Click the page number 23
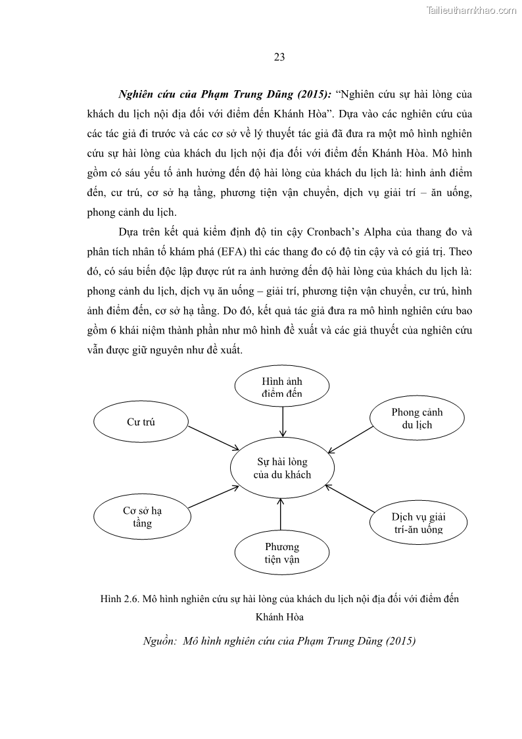(x=279, y=57)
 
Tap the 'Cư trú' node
(x=141, y=422)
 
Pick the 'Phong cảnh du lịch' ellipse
(x=417, y=419)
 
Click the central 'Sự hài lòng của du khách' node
(x=282, y=468)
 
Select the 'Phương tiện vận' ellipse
(x=282, y=553)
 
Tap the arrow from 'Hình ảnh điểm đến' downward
(x=282, y=422)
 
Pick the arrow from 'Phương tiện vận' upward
(x=281, y=515)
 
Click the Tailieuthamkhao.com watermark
(x=473, y=10)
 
